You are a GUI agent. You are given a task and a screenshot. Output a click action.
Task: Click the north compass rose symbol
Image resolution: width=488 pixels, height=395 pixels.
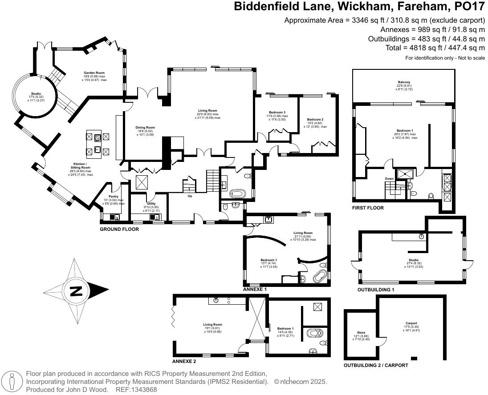click(x=76, y=291)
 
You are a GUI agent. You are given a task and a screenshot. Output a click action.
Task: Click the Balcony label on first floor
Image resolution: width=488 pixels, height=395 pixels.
click(x=404, y=83)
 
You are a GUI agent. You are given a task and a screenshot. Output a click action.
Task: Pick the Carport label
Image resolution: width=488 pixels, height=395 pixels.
click(x=411, y=323)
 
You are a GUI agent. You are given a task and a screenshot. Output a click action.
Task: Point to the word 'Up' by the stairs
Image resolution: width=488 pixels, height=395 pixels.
click(x=190, y=196)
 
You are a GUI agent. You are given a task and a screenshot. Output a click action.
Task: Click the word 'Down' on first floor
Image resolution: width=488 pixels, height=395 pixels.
click(x=390, y=179)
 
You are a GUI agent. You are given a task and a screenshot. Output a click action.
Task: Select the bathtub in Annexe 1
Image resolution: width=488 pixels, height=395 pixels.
click(x=320, y=277)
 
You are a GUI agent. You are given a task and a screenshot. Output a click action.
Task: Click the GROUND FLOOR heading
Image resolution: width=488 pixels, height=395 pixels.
click(x=119, y=230)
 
